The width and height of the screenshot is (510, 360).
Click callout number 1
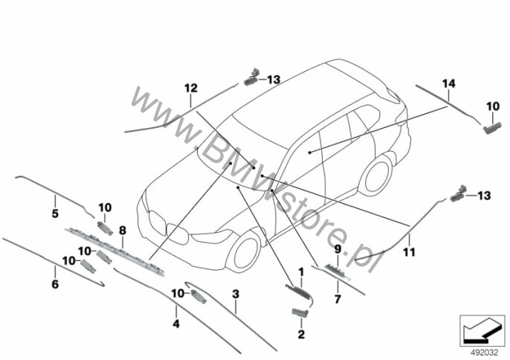click(300, 272)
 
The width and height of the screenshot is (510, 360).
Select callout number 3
click(236, 295)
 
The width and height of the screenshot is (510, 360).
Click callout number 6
click(54, 283)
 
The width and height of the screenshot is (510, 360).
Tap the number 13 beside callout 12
click(274, 80)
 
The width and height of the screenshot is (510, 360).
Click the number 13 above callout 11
click(485, 196)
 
